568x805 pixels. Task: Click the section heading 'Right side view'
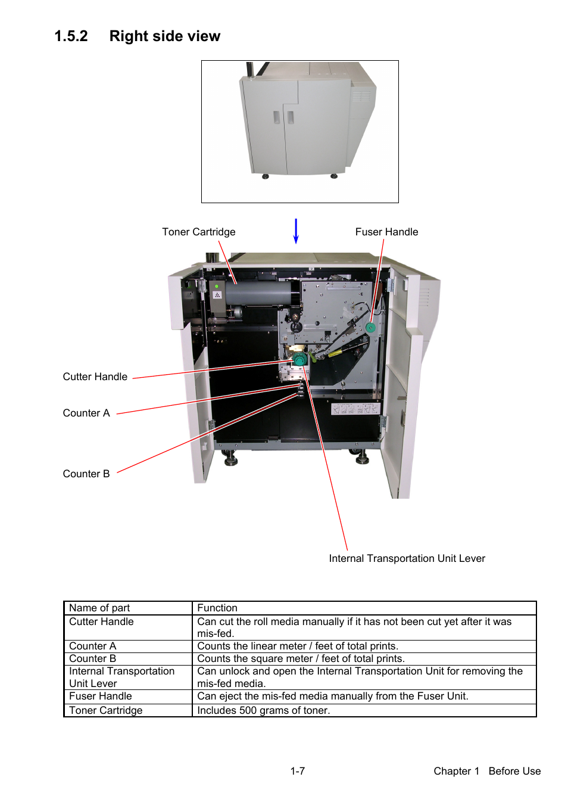164,36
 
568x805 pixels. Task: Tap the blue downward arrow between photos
296,231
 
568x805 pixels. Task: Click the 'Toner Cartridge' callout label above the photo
198,232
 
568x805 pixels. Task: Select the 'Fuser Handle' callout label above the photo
386,232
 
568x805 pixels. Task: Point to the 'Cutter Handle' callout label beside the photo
95,377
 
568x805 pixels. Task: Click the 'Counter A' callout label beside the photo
86,413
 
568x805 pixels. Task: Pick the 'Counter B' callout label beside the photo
86,474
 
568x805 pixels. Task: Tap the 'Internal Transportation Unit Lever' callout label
407,558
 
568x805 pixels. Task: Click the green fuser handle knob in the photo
370,328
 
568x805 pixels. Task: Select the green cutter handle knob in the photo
299,359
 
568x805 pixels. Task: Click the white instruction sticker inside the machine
355,409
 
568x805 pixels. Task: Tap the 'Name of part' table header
99,608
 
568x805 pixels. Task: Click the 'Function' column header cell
364,608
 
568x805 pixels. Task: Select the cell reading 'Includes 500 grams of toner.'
364,710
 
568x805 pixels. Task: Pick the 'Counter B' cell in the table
128,658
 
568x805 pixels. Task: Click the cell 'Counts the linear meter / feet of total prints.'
364,646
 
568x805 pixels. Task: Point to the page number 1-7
298,771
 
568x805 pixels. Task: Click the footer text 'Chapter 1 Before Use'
487,771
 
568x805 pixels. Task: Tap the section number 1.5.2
71,36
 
